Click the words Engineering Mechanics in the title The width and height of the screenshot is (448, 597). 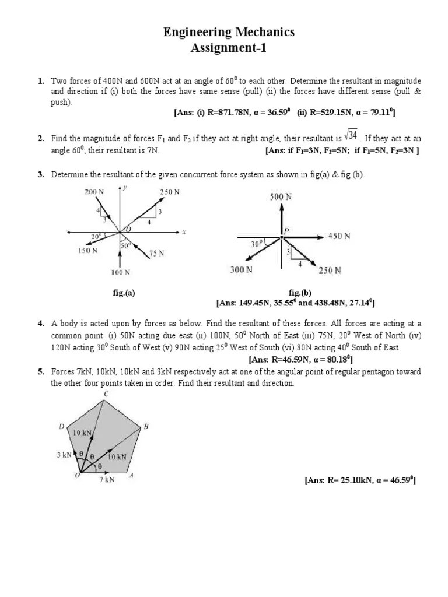point(229,33)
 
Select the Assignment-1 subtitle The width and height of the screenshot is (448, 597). point(229,48)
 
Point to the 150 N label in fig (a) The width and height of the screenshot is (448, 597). point(87,251)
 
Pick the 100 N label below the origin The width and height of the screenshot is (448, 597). point(120,272)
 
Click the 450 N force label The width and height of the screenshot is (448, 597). point(339,236)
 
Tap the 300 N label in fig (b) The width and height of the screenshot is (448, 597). point(241,269)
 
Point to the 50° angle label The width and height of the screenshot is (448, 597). point(125,245)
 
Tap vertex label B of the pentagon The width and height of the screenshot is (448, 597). point(146,427)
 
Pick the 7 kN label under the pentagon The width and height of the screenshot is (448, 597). point(106,480)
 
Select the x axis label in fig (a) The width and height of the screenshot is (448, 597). point(184,232)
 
